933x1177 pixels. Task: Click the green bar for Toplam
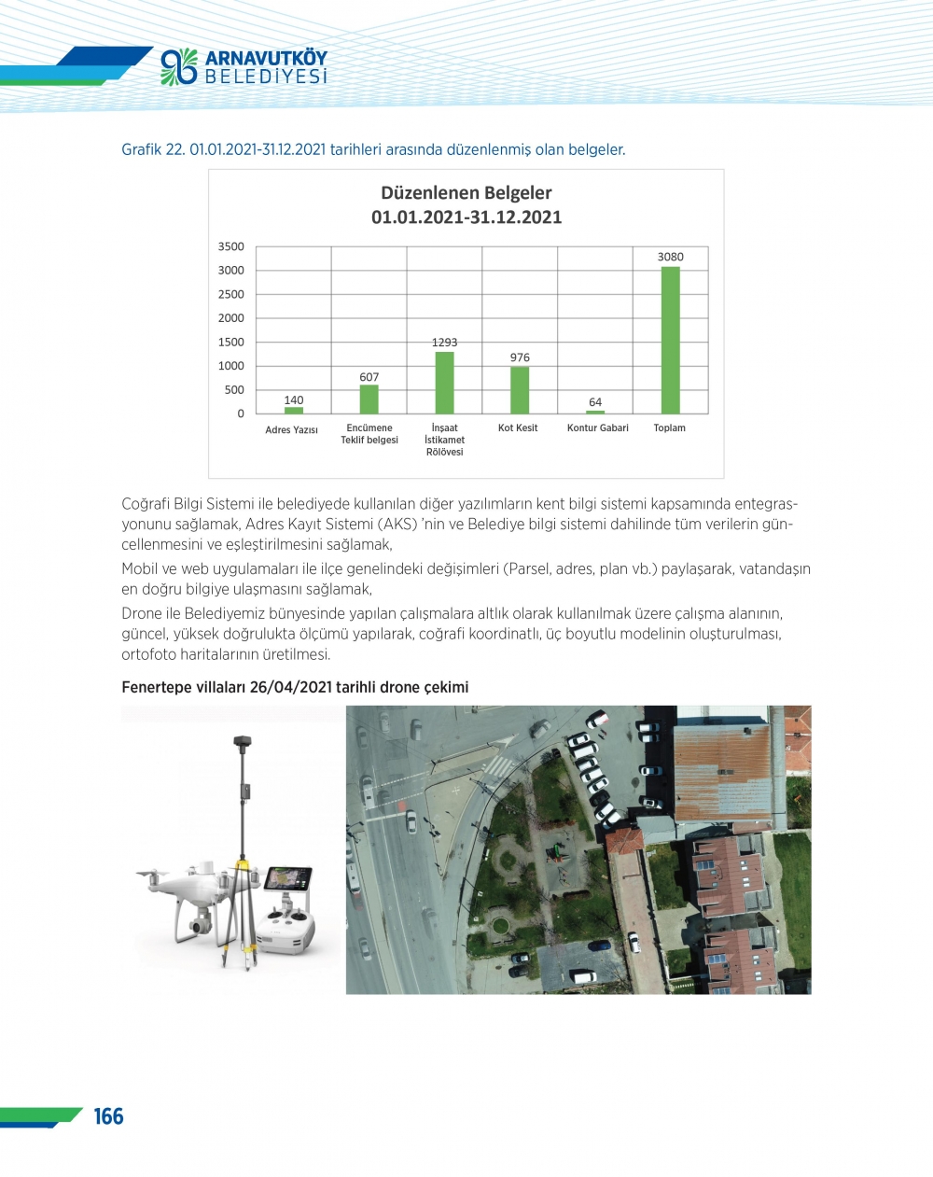[670, 340]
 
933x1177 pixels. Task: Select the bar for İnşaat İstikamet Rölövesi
[444, 383]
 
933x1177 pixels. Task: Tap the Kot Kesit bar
[520, 390]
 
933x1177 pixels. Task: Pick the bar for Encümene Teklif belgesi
[369, 399]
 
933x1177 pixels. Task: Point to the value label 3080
[670, 257]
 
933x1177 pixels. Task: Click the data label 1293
[444, 343]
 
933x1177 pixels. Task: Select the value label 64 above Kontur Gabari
[595, 402]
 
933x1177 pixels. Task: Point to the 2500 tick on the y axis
[231, 294]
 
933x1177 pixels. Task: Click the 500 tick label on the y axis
[234, 390]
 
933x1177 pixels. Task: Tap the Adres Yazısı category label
[291, 430]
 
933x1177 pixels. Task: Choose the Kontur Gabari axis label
[597, 428]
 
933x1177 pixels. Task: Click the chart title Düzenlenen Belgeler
[466, 193]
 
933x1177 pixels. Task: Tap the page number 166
[108, 1116]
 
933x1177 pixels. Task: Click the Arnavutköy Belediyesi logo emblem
[179, 67]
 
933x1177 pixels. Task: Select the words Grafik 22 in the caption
[153, 149]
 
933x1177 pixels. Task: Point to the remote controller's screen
[288, 879]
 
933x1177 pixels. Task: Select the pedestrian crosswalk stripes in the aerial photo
[498, 766]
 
